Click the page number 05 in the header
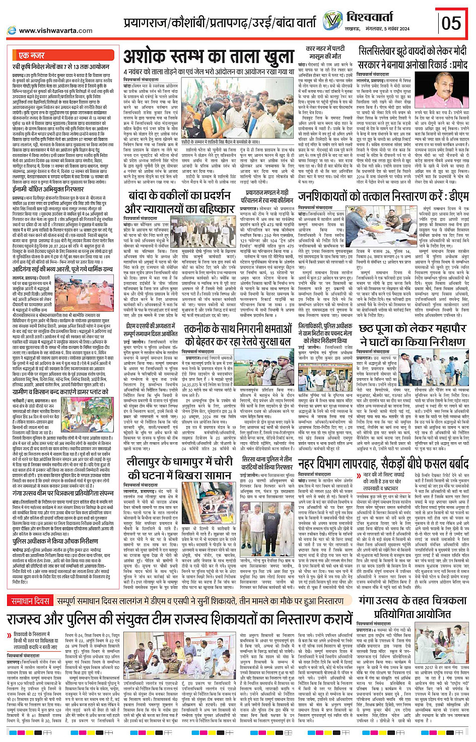451,23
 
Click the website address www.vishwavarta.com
56,30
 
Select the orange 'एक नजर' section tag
31,55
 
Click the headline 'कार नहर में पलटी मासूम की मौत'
325,52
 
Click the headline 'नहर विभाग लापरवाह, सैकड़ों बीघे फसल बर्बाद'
383,463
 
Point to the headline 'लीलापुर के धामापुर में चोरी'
179,462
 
